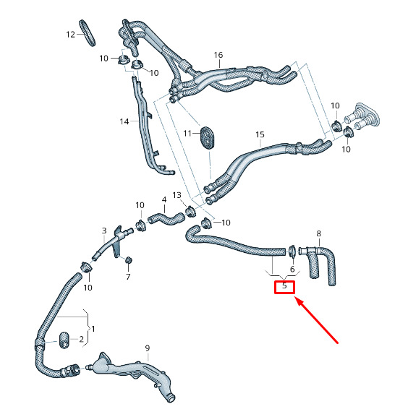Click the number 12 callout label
point(70,35)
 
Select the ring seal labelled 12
point(88,33)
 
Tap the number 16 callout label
point(218,55)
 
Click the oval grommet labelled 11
point(208,138)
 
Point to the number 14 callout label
point(124,121)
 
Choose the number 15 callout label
point(260,134)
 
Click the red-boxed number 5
point(284,286)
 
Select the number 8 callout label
point(319,233)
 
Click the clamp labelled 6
point(292,252)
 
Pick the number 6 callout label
point(292,270)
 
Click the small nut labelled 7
point(129,260)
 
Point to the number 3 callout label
point(104,231)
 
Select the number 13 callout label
point(177,195)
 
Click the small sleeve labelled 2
point(64,340)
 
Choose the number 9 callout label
point(148,348)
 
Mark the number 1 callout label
point(93,330)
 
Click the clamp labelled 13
point(190,212)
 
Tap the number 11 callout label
point(187,133)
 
